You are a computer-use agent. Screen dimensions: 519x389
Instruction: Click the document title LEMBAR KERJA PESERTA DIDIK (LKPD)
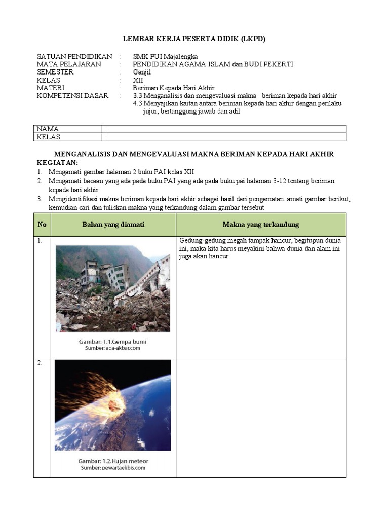[194, 39]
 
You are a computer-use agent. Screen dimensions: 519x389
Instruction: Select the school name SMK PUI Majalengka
[165, 56]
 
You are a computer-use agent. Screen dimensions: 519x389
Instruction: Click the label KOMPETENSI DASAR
[72, 96]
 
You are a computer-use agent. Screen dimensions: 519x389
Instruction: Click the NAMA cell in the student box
[48, 129]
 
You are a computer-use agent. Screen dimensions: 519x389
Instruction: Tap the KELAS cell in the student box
[49, 137]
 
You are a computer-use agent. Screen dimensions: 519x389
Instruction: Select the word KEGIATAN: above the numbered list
[58, 162]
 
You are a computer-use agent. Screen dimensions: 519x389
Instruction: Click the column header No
[42, 225]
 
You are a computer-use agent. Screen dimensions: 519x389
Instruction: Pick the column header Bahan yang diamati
[113, 225]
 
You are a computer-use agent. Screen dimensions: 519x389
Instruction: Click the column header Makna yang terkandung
[261, 225]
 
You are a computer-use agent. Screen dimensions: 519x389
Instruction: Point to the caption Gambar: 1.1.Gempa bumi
[113, 342]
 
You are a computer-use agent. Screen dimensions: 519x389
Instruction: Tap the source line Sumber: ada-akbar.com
[113, 349]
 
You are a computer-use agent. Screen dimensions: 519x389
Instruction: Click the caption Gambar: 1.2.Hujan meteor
[113, 461]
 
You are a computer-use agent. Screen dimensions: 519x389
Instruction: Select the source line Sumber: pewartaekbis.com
[113, 468]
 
